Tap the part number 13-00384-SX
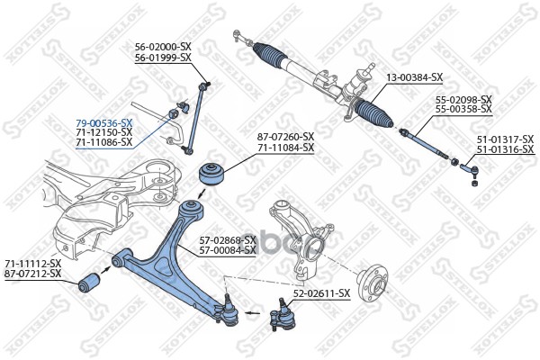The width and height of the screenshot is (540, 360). pos(415,77)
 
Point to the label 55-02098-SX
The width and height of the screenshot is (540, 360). pos(463,99)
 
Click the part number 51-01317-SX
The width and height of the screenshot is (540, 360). pos(505,139)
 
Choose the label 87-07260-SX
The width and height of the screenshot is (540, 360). pos(286,137)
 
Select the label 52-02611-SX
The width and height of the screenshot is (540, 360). pos(321,293)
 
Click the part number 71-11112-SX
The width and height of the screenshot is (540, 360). pos(33,263)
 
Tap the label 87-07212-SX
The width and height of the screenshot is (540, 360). pos(33,273)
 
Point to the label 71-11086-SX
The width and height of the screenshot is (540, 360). pos(103,141)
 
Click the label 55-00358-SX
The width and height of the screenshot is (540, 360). pos(463,109)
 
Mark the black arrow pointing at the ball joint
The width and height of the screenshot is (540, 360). pos(256,316)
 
